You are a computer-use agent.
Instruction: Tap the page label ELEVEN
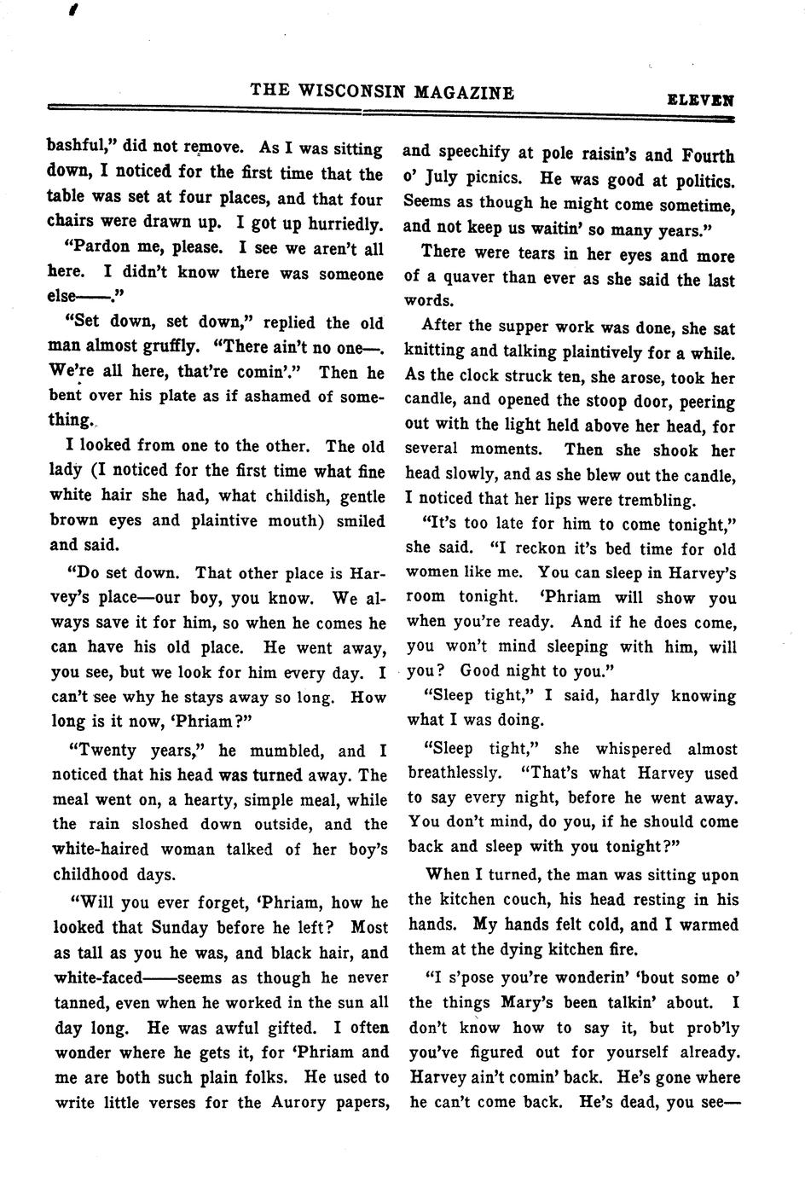click(x=700, y=99)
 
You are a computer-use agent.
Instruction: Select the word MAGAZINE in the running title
click(x=464, y=91)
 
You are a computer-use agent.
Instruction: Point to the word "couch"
click(x=524, y=899)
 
